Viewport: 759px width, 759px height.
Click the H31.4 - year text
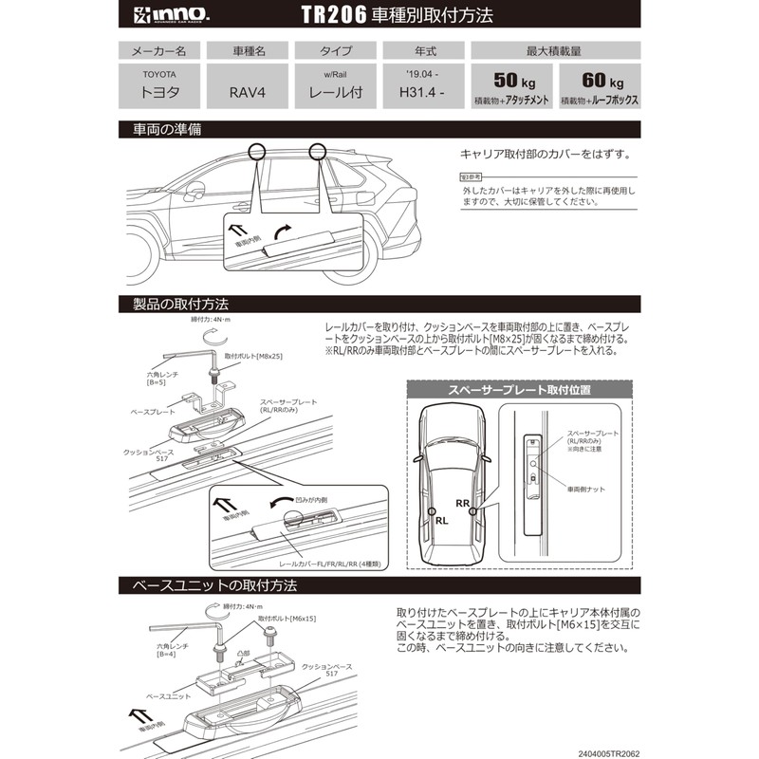(417, 93)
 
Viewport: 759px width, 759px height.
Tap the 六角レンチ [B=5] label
(150, 379)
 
